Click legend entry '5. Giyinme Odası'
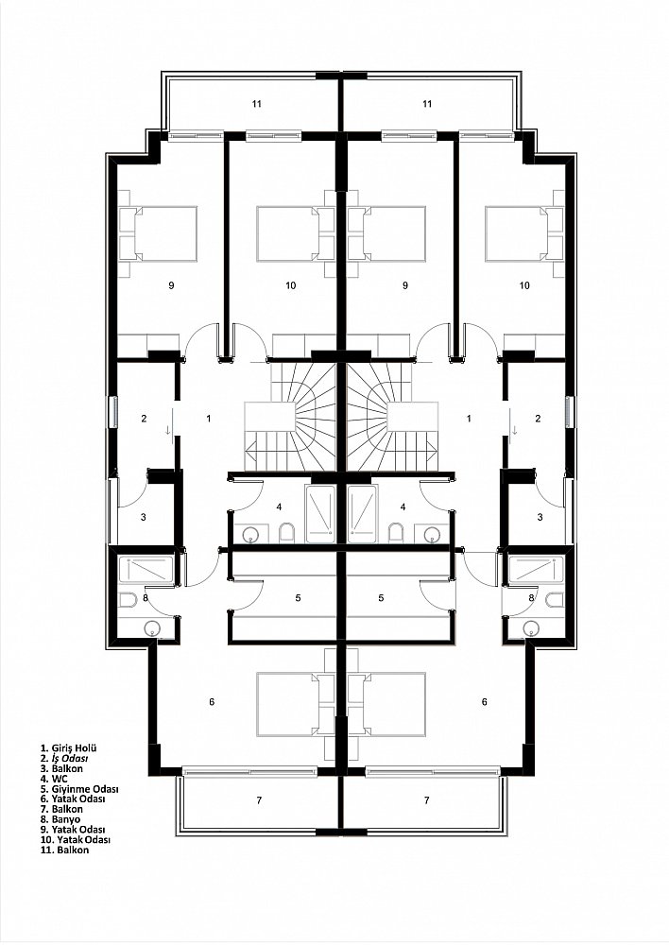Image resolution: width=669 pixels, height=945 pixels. click(79, 788)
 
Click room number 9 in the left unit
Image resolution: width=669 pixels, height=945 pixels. click(172, 285)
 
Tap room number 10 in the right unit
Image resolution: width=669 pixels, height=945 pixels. click(524, 285)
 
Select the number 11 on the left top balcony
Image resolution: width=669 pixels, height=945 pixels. click(257, 104)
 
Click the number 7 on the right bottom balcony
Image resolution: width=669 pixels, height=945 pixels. click(427, 800)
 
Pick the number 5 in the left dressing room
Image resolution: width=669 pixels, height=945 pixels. click(298, 598)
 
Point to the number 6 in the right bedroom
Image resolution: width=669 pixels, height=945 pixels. click(484, 701)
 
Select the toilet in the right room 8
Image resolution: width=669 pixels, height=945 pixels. click(555, 600)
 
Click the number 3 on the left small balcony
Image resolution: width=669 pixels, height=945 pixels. click(144, 517)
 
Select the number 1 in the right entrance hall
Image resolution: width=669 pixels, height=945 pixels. click(469, 418)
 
